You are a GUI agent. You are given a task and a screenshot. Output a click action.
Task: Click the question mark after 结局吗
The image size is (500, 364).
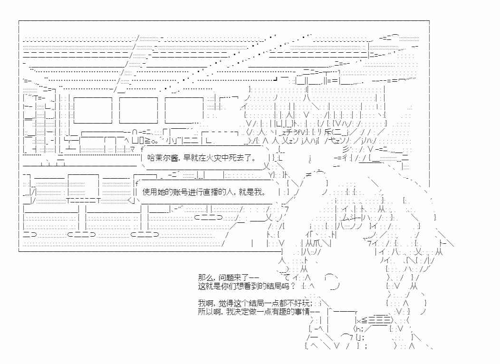pyautogui.click(x=293, y=286)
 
